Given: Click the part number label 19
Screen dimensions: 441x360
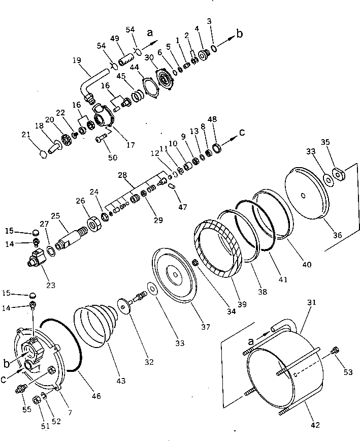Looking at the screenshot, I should coord(77,60).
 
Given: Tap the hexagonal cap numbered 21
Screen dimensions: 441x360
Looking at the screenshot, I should coord(44,152).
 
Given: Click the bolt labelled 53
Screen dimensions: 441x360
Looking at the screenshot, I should coord(335,350).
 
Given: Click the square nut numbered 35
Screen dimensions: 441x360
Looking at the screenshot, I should coord(338,173).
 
